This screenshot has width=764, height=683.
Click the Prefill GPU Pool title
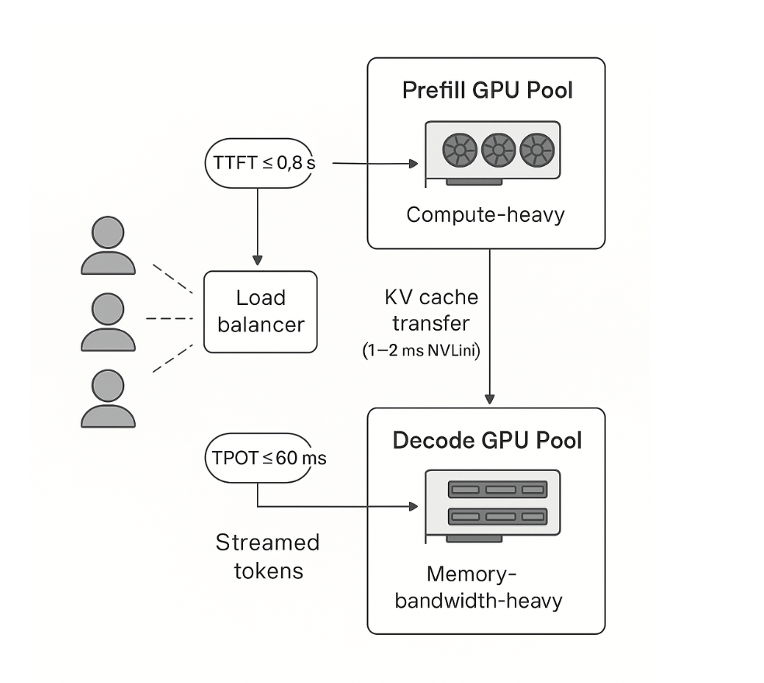[x=487, y=90]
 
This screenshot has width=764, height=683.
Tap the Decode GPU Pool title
[x=487, y=441]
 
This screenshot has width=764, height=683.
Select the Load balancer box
[x=259, y=310]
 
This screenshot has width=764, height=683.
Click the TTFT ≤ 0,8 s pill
[x=259, y=164]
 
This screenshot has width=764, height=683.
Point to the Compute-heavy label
[x=485, y=214]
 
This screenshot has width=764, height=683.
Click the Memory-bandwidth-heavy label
[x=477, y=588]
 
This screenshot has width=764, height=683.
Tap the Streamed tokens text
[x=266, y=556]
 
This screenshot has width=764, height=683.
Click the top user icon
[x=108, y=245]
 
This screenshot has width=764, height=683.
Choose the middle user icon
[x=108, y=321]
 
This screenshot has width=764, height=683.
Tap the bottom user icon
[x=108, y=397]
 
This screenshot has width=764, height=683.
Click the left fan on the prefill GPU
[x=459, y=150]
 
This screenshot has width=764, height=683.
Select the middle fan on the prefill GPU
[x=498, y=150]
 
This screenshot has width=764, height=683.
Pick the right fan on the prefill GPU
[x=537, y=150]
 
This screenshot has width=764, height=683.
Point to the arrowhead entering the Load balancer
[x=258, y=262]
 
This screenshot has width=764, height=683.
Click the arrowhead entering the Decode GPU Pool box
[x=489, y=399]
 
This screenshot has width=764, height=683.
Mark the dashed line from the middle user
[x=168, y=318]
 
